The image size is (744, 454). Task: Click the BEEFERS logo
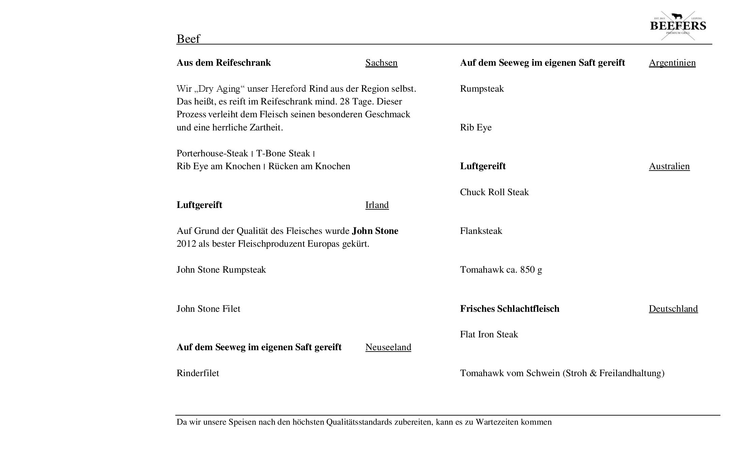pos(678,26)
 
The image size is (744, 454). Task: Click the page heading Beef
pos(188,39)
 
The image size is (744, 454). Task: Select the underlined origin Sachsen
pos(381,63)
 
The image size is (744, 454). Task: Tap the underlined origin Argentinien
pos(672,63)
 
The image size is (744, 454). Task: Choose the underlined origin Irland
pos(377,205)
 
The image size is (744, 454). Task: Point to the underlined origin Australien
pos(669,167)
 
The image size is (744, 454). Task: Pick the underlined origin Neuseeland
pos(388,347)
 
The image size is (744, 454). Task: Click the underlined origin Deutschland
pos(673,309)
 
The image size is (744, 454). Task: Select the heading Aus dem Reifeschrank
pos(224,63)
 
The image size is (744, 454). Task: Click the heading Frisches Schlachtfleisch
pos(509,309)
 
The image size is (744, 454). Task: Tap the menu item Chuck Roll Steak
pos(494,192)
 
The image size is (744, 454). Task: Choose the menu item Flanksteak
pos(481,231)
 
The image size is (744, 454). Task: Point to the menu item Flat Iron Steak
pos(489,335)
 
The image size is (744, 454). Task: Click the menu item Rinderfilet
pos(198,373)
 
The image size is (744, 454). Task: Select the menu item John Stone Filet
pos(208,309)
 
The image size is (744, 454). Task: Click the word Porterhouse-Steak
pos(212,154)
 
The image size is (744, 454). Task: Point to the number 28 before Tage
pos(345,102)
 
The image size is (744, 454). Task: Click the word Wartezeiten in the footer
pos(497,422)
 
